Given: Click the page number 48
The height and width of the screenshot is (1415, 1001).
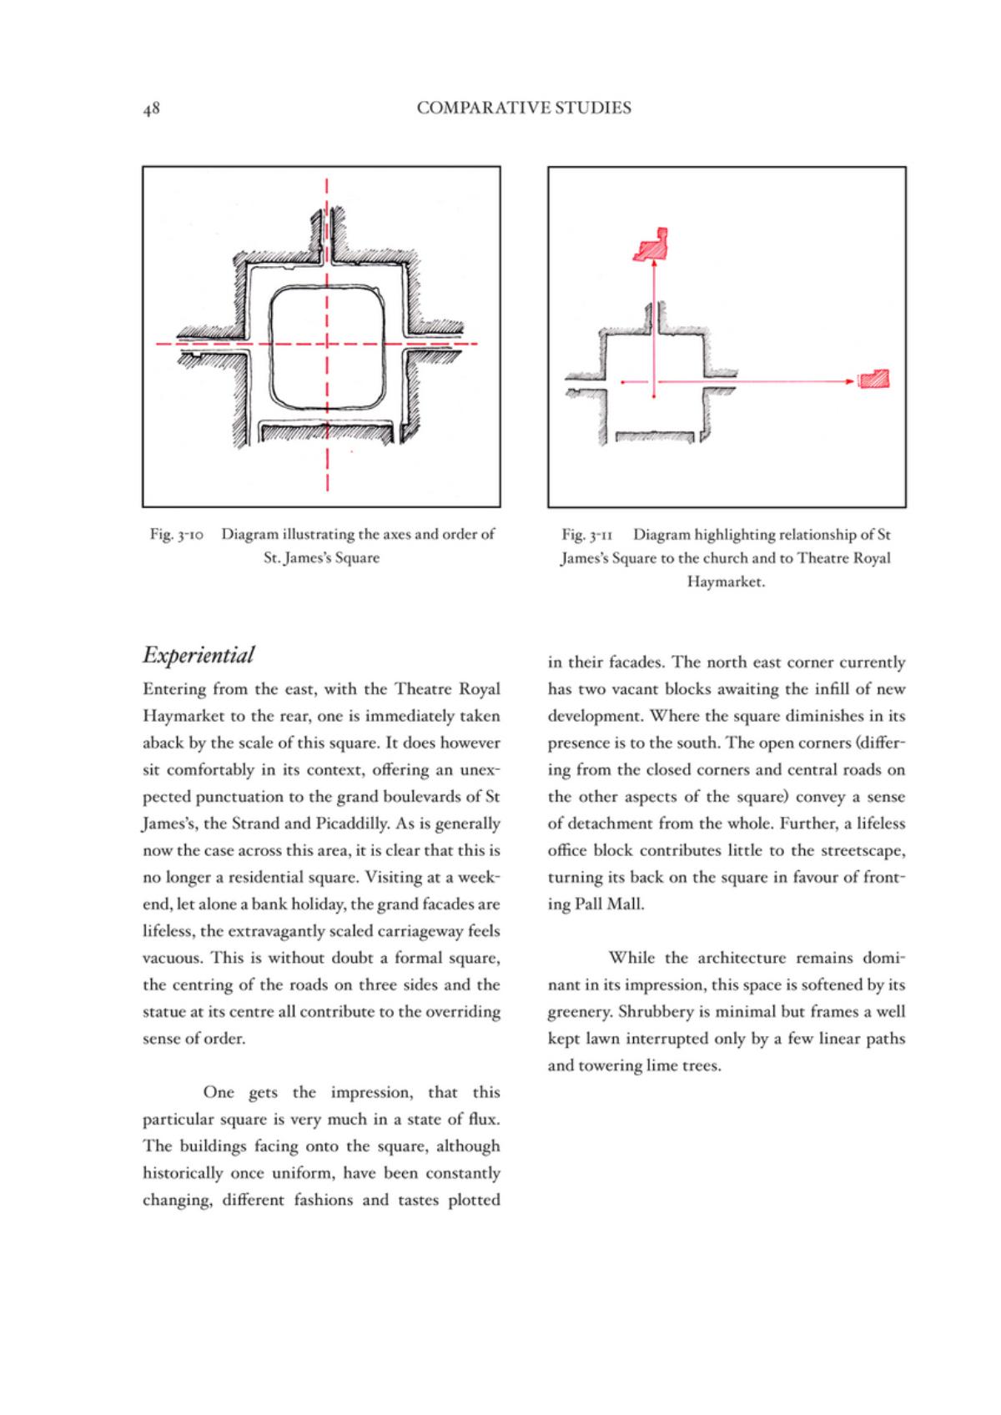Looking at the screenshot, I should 151,108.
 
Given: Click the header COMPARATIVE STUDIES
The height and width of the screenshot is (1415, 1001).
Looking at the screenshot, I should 524,108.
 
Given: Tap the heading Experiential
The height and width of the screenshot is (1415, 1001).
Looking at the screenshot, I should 199,655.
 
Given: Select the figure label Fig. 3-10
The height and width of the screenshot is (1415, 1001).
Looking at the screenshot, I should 175,534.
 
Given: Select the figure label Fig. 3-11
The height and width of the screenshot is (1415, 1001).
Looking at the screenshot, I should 587,534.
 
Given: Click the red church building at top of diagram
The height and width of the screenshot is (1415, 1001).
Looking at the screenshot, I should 653,246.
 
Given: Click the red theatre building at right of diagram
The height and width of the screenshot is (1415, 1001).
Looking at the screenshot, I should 874,379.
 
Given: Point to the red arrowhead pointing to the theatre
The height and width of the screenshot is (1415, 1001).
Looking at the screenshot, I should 853,382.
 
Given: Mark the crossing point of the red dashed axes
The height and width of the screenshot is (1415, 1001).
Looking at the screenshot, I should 327,344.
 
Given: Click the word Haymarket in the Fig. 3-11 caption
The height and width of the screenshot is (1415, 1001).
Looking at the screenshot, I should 725,582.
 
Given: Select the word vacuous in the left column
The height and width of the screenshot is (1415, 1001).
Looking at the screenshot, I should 172,958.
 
